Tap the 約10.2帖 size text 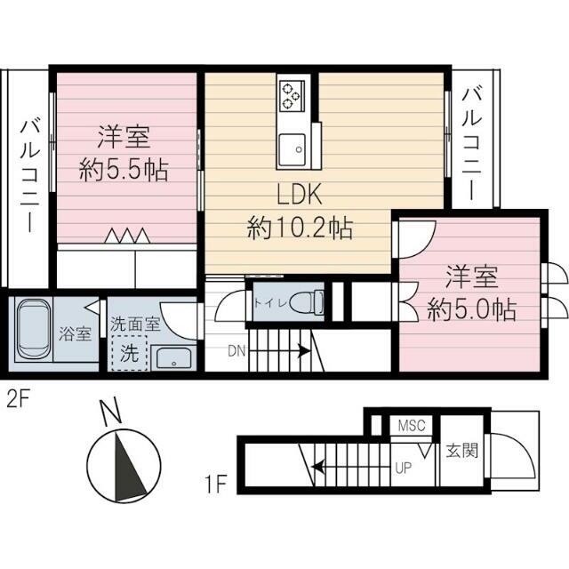(x=300, y=229)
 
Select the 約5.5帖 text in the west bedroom (x=124, y=170)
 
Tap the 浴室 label (x=74, y=335)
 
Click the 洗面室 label (x=135, y=325)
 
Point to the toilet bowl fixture (x=307, y=301)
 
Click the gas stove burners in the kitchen (x=293, y=94)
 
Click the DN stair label (x=236, y=351)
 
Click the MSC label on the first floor (x=413, y=426)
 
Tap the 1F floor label (x=216, y=485)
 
